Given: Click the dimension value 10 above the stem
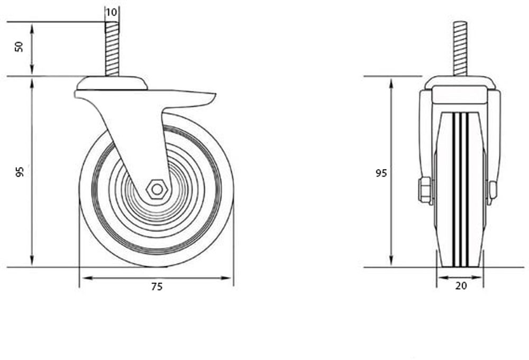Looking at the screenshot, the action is coord(111,13).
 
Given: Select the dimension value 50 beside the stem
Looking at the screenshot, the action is coord(19,47).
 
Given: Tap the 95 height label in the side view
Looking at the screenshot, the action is coord(20,172).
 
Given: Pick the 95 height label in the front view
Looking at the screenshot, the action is coord(381,173).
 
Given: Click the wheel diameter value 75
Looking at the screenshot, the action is coord(157,287).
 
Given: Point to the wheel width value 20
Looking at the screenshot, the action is coord(461,286).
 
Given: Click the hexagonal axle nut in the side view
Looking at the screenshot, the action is coord(157,189).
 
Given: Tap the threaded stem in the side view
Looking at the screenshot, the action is coord(112,49).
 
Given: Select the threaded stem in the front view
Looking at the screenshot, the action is coord(460,49).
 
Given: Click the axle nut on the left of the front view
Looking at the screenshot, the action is coord(425,190).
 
